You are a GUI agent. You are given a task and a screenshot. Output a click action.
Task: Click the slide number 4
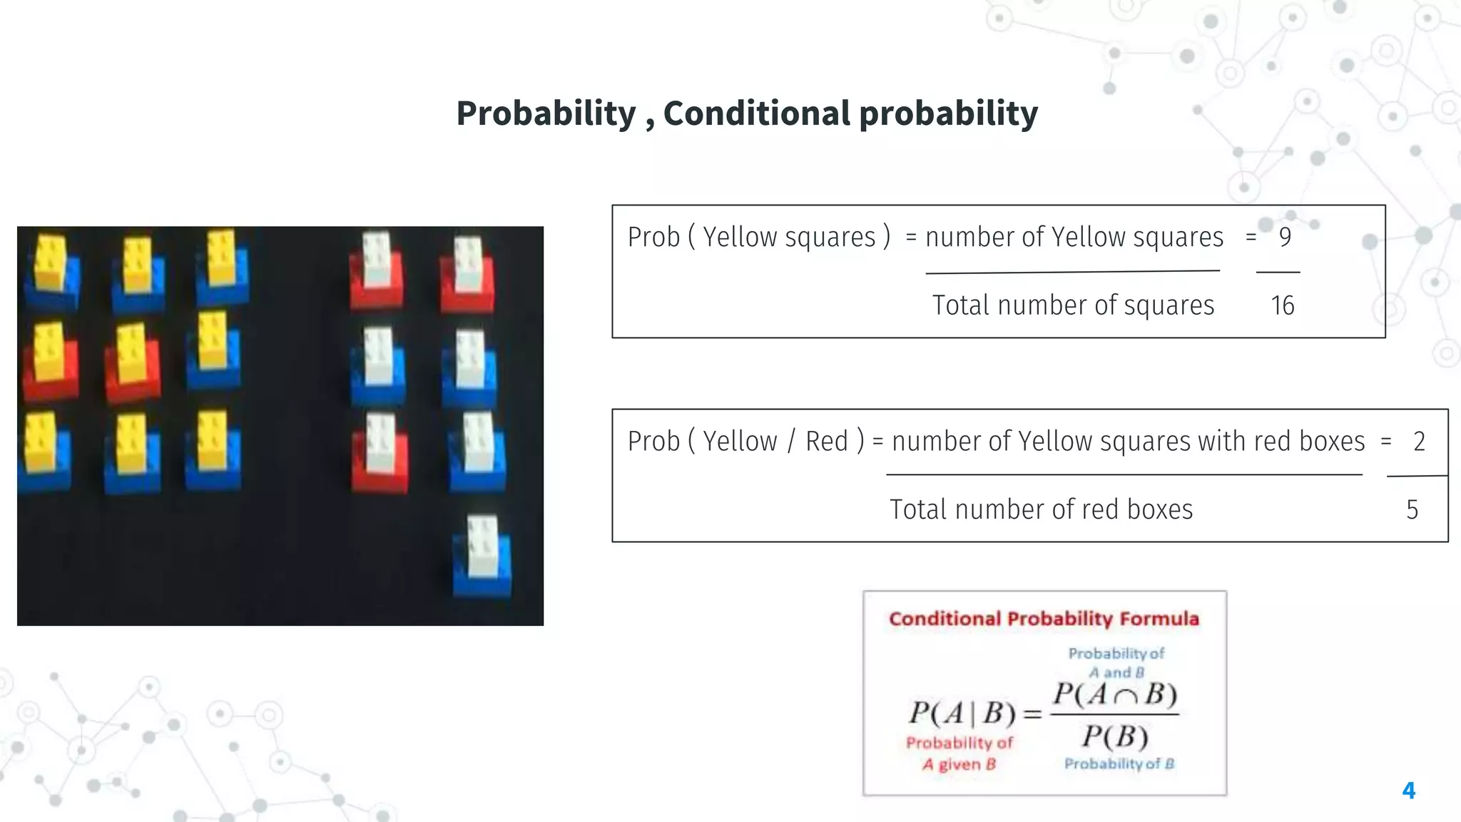point(1408,790)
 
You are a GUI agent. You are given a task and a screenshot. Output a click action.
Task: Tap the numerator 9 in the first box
point(1285,237)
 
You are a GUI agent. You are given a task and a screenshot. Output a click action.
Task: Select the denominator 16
point(1282,305)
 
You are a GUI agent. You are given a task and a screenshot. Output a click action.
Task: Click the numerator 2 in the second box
point(1419,442)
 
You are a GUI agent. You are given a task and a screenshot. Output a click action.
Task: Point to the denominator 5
point(1412,509)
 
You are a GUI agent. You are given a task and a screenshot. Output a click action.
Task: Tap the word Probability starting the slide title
point(546,113)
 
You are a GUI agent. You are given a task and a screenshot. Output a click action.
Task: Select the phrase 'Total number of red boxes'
point(1041,509)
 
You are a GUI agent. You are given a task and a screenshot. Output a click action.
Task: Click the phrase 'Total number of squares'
point(1073,305)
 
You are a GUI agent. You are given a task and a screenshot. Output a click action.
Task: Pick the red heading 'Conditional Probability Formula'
point(1044,619)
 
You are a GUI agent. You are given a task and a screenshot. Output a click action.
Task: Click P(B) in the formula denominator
point(1115,736)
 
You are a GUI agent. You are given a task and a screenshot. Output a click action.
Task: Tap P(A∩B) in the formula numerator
point(1115,694)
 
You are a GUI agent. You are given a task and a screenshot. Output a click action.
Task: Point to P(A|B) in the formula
point(962,713)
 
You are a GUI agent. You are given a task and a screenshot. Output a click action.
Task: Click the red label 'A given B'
point(959,764)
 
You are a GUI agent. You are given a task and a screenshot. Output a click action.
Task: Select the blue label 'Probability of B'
point(1119,763)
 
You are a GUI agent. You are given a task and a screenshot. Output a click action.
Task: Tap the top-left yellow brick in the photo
point(50,263)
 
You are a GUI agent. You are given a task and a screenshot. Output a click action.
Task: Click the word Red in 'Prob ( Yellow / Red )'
point(827,442)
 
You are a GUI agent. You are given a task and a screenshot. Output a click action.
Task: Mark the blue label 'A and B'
point(1116,672)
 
